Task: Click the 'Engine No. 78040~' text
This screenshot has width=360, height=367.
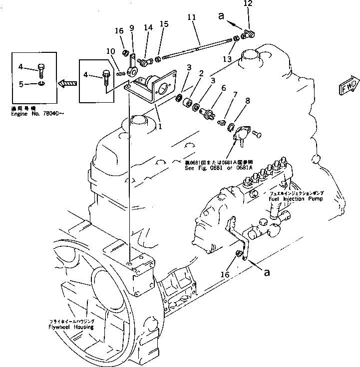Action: point(37,113)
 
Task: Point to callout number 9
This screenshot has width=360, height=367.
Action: point(132,28)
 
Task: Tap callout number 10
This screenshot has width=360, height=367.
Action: point(110,51)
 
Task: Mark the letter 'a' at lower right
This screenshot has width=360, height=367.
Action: point(268,272)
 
